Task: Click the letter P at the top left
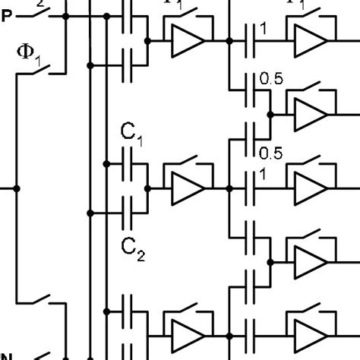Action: (x=6, y=17)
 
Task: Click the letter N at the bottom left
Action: (x=6, y=355)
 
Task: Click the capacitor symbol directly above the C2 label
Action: (x=128, y=211)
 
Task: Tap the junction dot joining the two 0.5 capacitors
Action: (x=269, y=116)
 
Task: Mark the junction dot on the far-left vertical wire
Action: (x=17, y=187)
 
